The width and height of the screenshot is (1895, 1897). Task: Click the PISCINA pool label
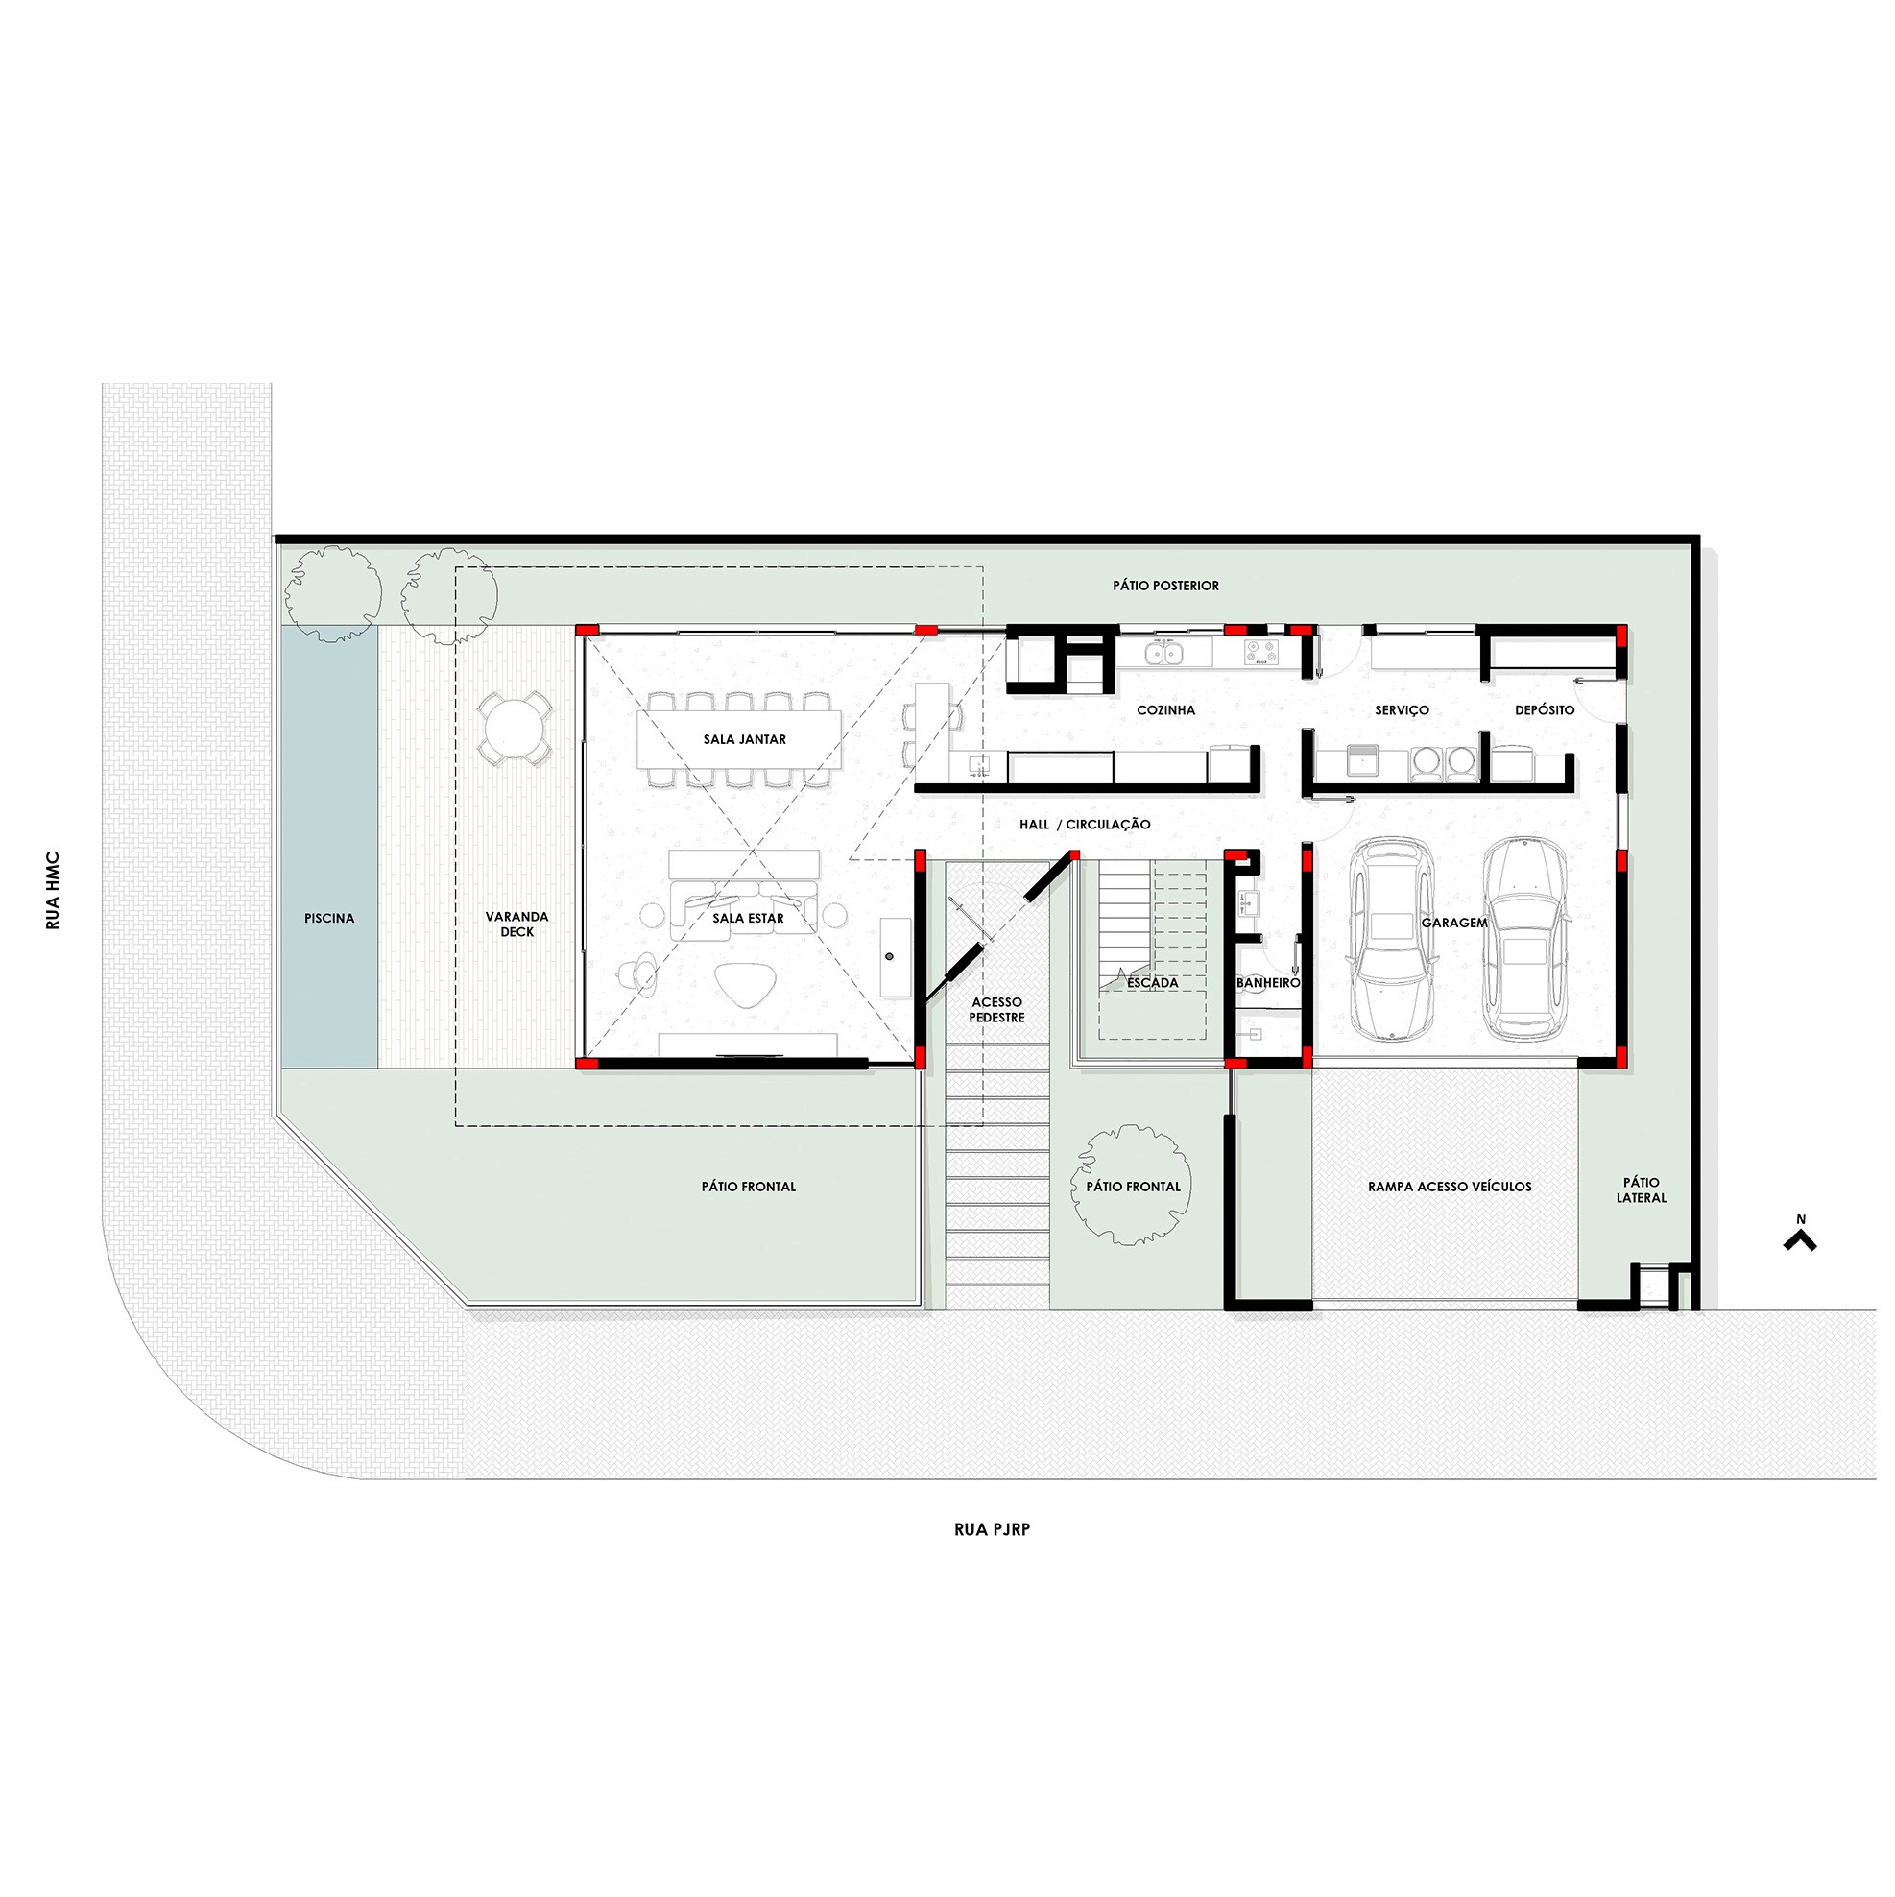pyautogui.click(x=329, y=918)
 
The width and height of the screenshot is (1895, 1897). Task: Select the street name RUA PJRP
pyautogui.click(x=992, y=1529)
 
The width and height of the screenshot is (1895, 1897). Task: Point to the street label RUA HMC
pyautogui.click(x=53, y=891)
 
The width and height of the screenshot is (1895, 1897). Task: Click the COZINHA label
pyautogui.click(x=1165, y=709)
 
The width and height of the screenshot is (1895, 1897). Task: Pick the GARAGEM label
pyautogui.click(x=1454, y=923)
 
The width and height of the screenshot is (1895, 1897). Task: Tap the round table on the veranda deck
pyautogui.click(x=516, y=728)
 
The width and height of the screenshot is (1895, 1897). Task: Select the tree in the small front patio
pyautogui.click(x=1133, y=1184)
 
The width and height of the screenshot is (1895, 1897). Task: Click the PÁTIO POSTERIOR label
pyautogui.click(x=1165, y=586)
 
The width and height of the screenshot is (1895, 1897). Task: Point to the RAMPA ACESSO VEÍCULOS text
pyautogui.click(x=1450, y=1187)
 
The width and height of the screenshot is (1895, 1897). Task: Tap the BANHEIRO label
pyautogui.click(x=1267, y=982)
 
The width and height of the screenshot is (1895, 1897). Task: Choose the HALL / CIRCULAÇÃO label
pyautogui.click(x=1084, y=825)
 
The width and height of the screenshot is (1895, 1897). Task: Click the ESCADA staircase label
pyautogui.click(x=1152, y=982)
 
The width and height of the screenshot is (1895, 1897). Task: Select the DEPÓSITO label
pyautogui.click(x=1545, y=709)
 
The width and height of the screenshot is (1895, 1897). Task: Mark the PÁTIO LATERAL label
pyautogui.click(x=1641, y=1190)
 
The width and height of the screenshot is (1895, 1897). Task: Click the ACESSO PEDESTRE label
pyautogui.click(x=996, y=1009)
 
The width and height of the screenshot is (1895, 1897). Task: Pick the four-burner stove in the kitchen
pyautogui.click(x=1259, y=652)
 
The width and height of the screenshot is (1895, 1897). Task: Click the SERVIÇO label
pyautogui.click(x=1402, y=709)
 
